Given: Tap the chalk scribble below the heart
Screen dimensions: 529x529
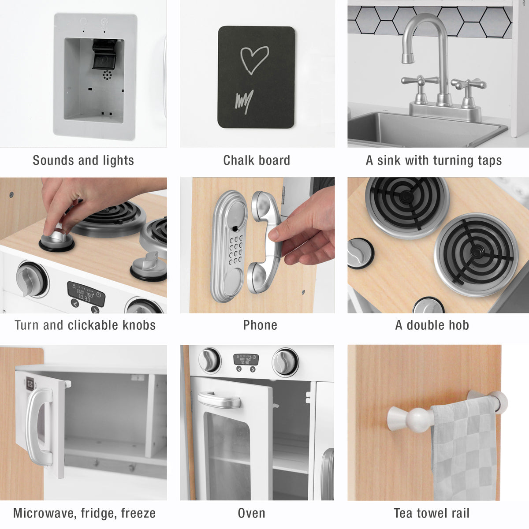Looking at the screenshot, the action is (244, 101).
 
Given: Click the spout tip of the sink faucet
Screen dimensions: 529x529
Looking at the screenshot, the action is (408, 58).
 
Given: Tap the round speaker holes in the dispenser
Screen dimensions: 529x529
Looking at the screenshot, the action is (107, 75).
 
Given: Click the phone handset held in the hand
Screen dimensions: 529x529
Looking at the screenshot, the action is (265, 242).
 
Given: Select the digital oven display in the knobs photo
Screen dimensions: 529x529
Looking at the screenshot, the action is (86, 294).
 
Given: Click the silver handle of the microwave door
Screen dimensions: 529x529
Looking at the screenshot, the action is (40, 426).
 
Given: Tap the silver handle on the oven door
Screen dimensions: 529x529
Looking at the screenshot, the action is (219, 401).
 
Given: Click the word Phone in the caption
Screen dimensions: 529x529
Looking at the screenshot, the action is (260, 325).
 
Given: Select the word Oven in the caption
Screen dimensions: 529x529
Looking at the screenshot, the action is (251, 513).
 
